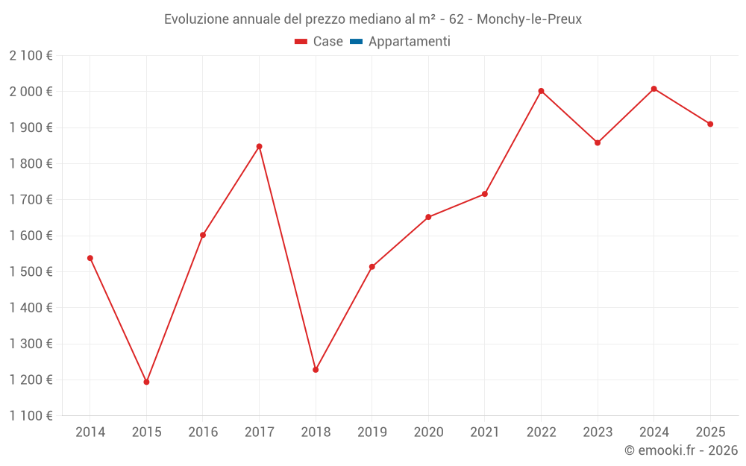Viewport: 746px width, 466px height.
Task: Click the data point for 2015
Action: (146, 382)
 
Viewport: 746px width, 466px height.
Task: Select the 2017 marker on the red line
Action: (259, 146)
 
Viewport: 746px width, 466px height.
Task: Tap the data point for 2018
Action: (316, 370)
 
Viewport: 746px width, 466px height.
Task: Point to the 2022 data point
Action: (541, 91)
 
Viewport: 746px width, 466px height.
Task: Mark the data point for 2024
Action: (653, 89)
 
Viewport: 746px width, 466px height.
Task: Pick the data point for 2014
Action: (90, 258)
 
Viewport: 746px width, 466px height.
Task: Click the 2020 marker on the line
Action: (428, 217)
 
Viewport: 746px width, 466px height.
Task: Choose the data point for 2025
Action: (710, 124)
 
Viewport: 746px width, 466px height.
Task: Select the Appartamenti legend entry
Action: (409, 42)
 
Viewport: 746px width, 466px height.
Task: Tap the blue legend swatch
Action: (356, 42)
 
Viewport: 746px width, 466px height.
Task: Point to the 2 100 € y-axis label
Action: (31, 55)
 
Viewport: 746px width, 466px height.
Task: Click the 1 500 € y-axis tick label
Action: (31, 271)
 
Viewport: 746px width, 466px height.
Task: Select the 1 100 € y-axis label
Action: (31, 415)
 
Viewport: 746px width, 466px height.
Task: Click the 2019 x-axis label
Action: (372, 432)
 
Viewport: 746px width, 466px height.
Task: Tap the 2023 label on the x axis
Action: (597, 432)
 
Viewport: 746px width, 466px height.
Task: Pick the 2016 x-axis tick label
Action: (203, 432)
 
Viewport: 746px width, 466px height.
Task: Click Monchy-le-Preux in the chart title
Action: (529, 19)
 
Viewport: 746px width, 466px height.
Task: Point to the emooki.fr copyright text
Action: (681, 450)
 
